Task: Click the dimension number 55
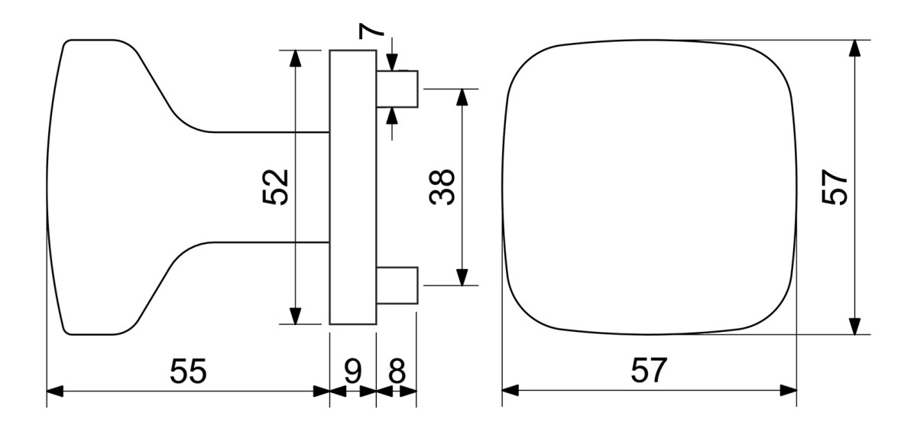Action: (188, 371)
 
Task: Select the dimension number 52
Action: (276, 187)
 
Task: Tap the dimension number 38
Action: (442, 187)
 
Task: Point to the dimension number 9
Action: (353, 371)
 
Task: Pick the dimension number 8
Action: (397, 371)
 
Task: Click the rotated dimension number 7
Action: (371, 31)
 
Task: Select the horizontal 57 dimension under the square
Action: (649, 370)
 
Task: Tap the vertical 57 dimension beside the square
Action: (834, 187)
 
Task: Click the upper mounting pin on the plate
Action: (397, 89)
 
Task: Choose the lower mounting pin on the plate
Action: (397, 285)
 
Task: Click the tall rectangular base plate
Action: (353, 187)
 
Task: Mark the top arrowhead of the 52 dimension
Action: (295, 58)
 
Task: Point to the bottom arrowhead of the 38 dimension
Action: (462, 278)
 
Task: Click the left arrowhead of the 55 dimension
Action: (55, 391)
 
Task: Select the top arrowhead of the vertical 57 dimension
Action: (854, 48)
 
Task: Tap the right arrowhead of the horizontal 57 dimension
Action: (789, 391)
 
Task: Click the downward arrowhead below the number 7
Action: (392, 63)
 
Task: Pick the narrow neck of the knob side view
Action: (271, 187)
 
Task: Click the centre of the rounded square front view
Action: (650, 187)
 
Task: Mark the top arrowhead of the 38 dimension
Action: (462, 97)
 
